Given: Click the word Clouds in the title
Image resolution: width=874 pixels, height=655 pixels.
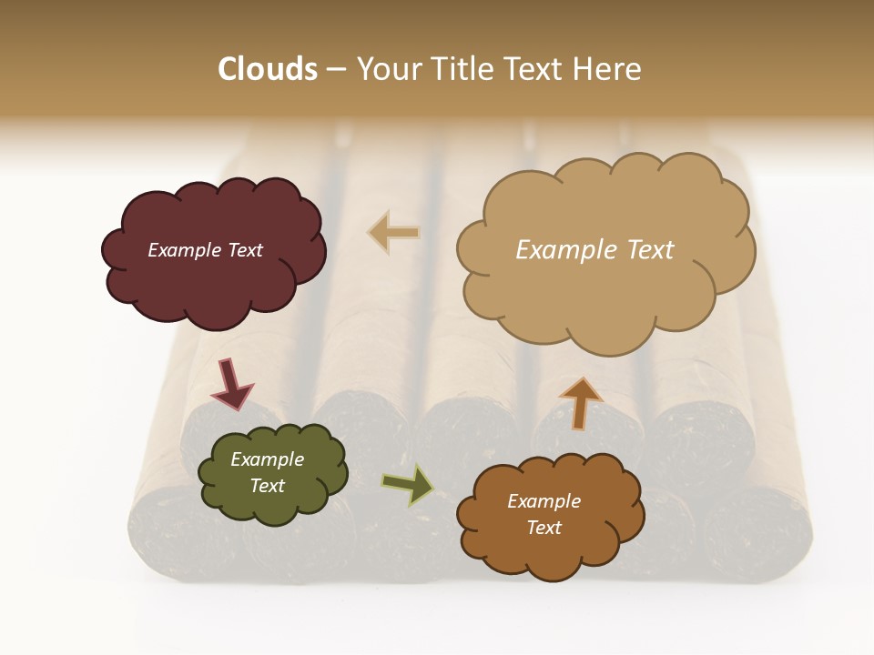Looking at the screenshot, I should pos(268,69).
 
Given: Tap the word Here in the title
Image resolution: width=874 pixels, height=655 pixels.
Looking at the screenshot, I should pos(610,69).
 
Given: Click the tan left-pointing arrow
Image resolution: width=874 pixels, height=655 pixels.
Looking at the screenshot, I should pos(394,233).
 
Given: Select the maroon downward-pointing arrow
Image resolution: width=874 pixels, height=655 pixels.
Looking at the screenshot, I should pos(231,384).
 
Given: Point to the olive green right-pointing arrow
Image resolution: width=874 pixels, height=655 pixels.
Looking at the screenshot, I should pos(407,485).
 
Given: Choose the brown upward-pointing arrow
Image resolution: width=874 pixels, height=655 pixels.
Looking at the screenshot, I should pos(581,403).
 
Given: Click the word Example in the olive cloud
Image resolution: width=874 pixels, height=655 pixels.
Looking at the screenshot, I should pos(267,460).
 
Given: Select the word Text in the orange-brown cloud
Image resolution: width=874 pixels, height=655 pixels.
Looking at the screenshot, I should pos(544,528).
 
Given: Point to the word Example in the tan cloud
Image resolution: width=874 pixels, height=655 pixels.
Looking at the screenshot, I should pos(564,250).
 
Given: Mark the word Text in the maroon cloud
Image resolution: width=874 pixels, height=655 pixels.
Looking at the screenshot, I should pos(245,250).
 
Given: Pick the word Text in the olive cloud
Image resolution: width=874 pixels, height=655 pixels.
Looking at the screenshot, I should pos(267,486).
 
